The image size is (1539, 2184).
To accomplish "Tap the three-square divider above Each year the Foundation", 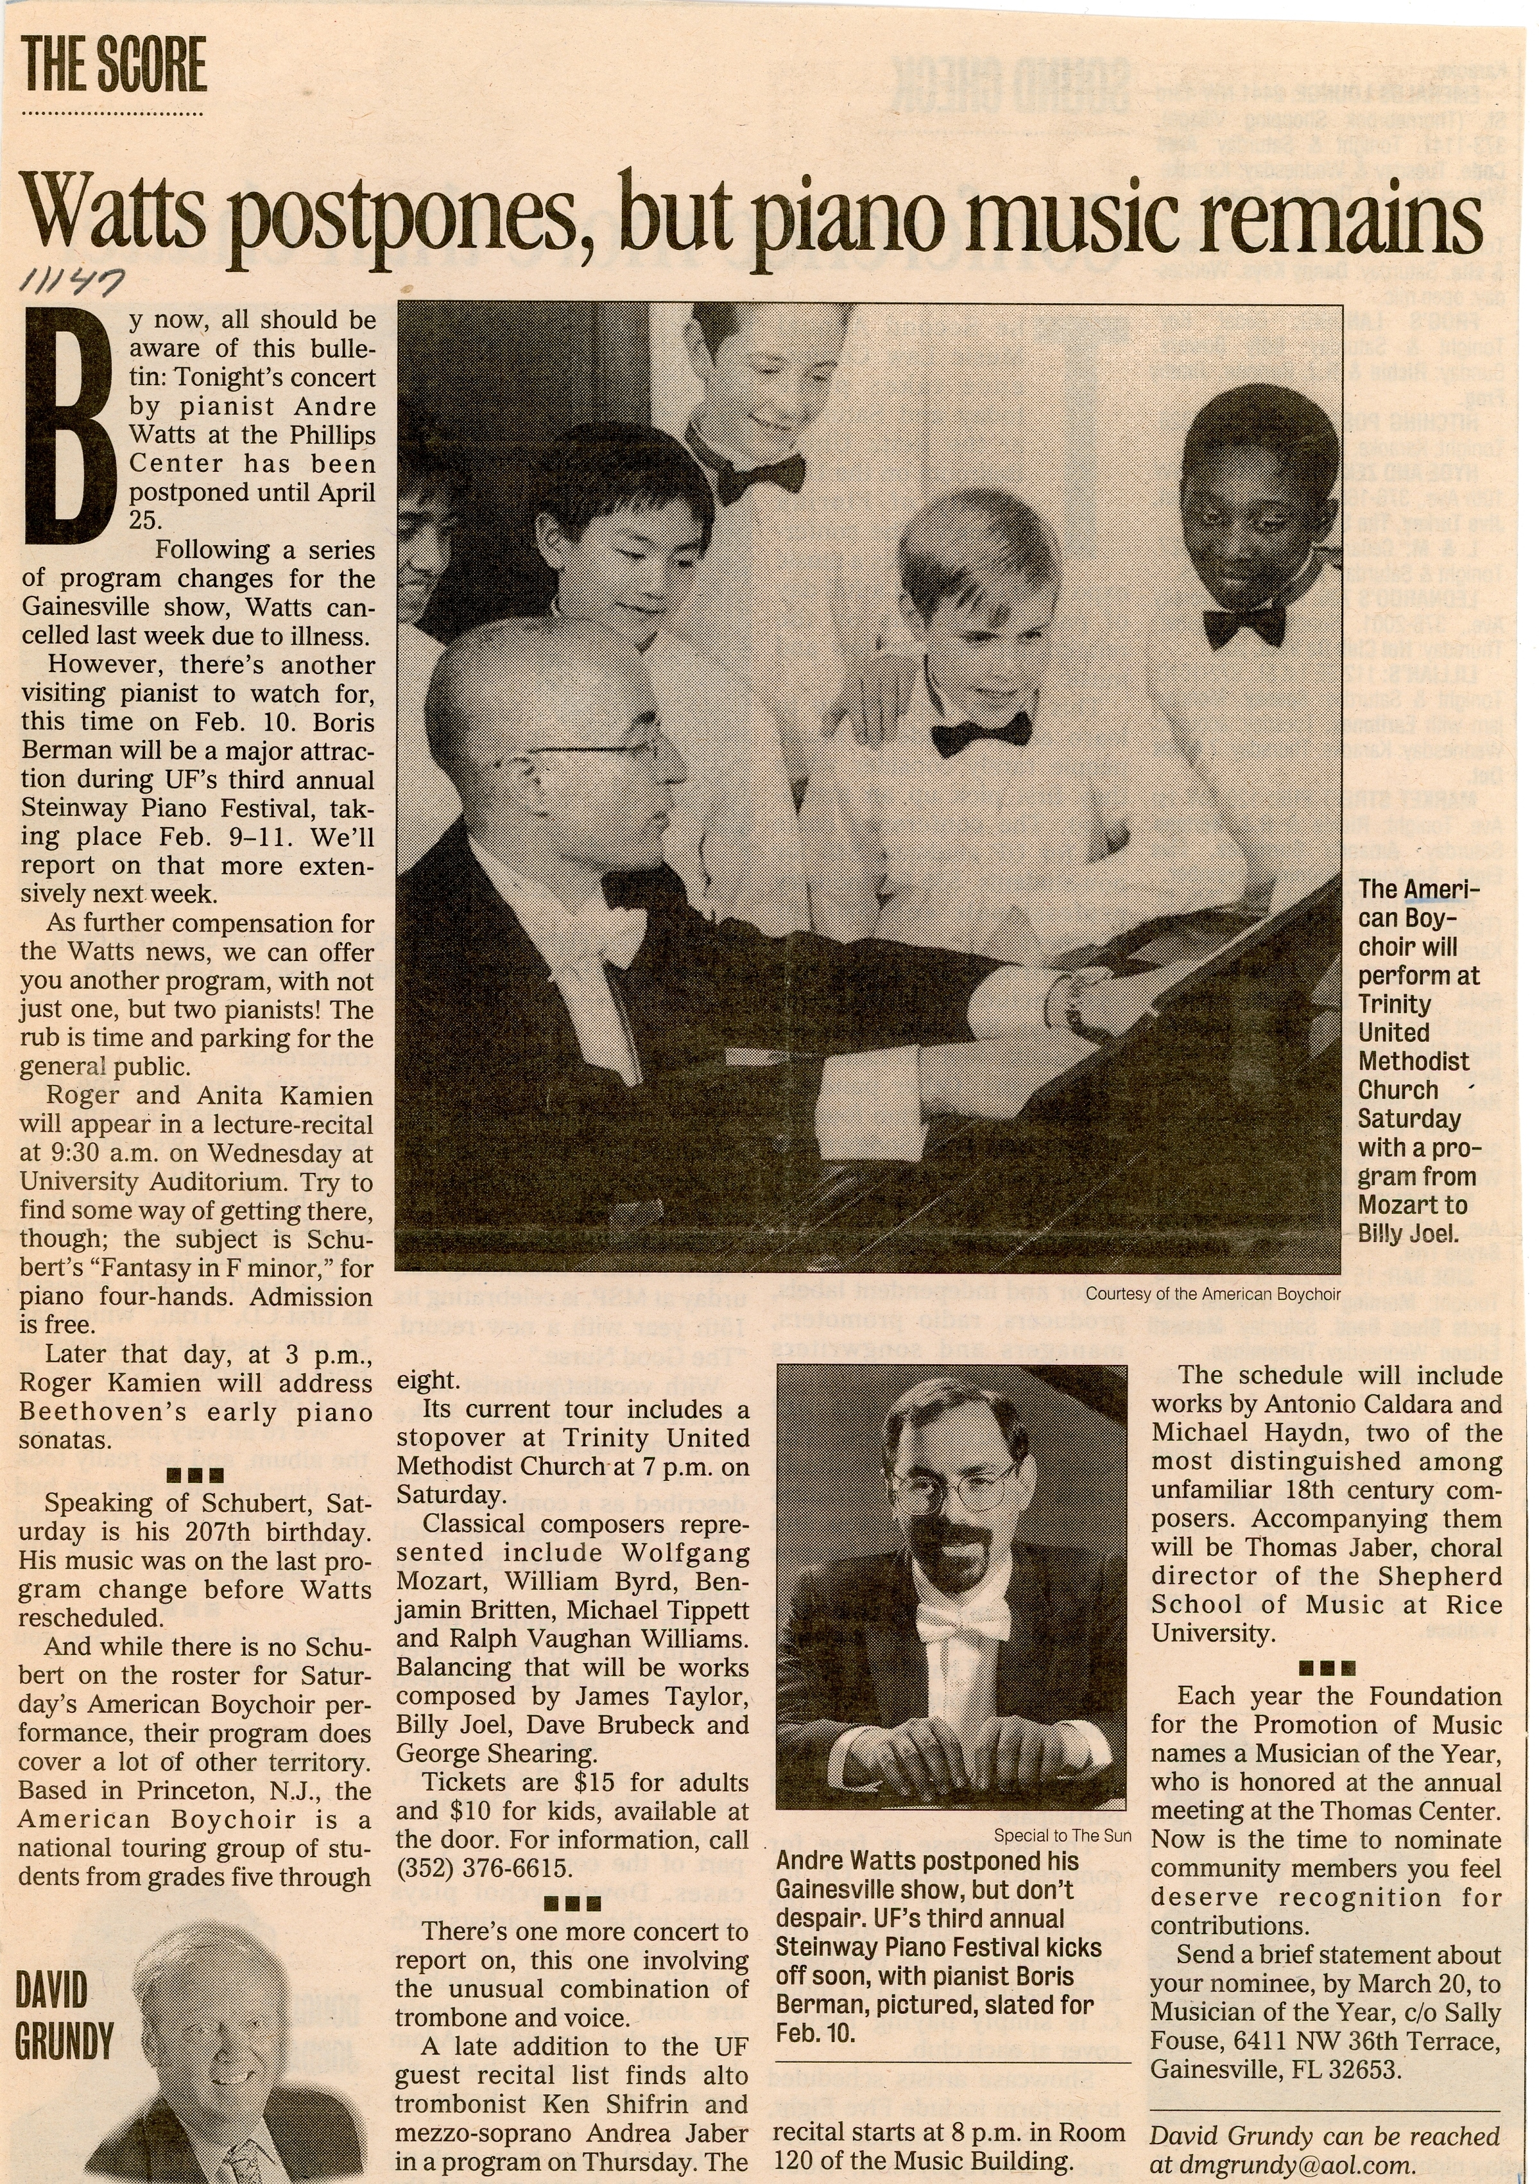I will pos(1325,1667).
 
